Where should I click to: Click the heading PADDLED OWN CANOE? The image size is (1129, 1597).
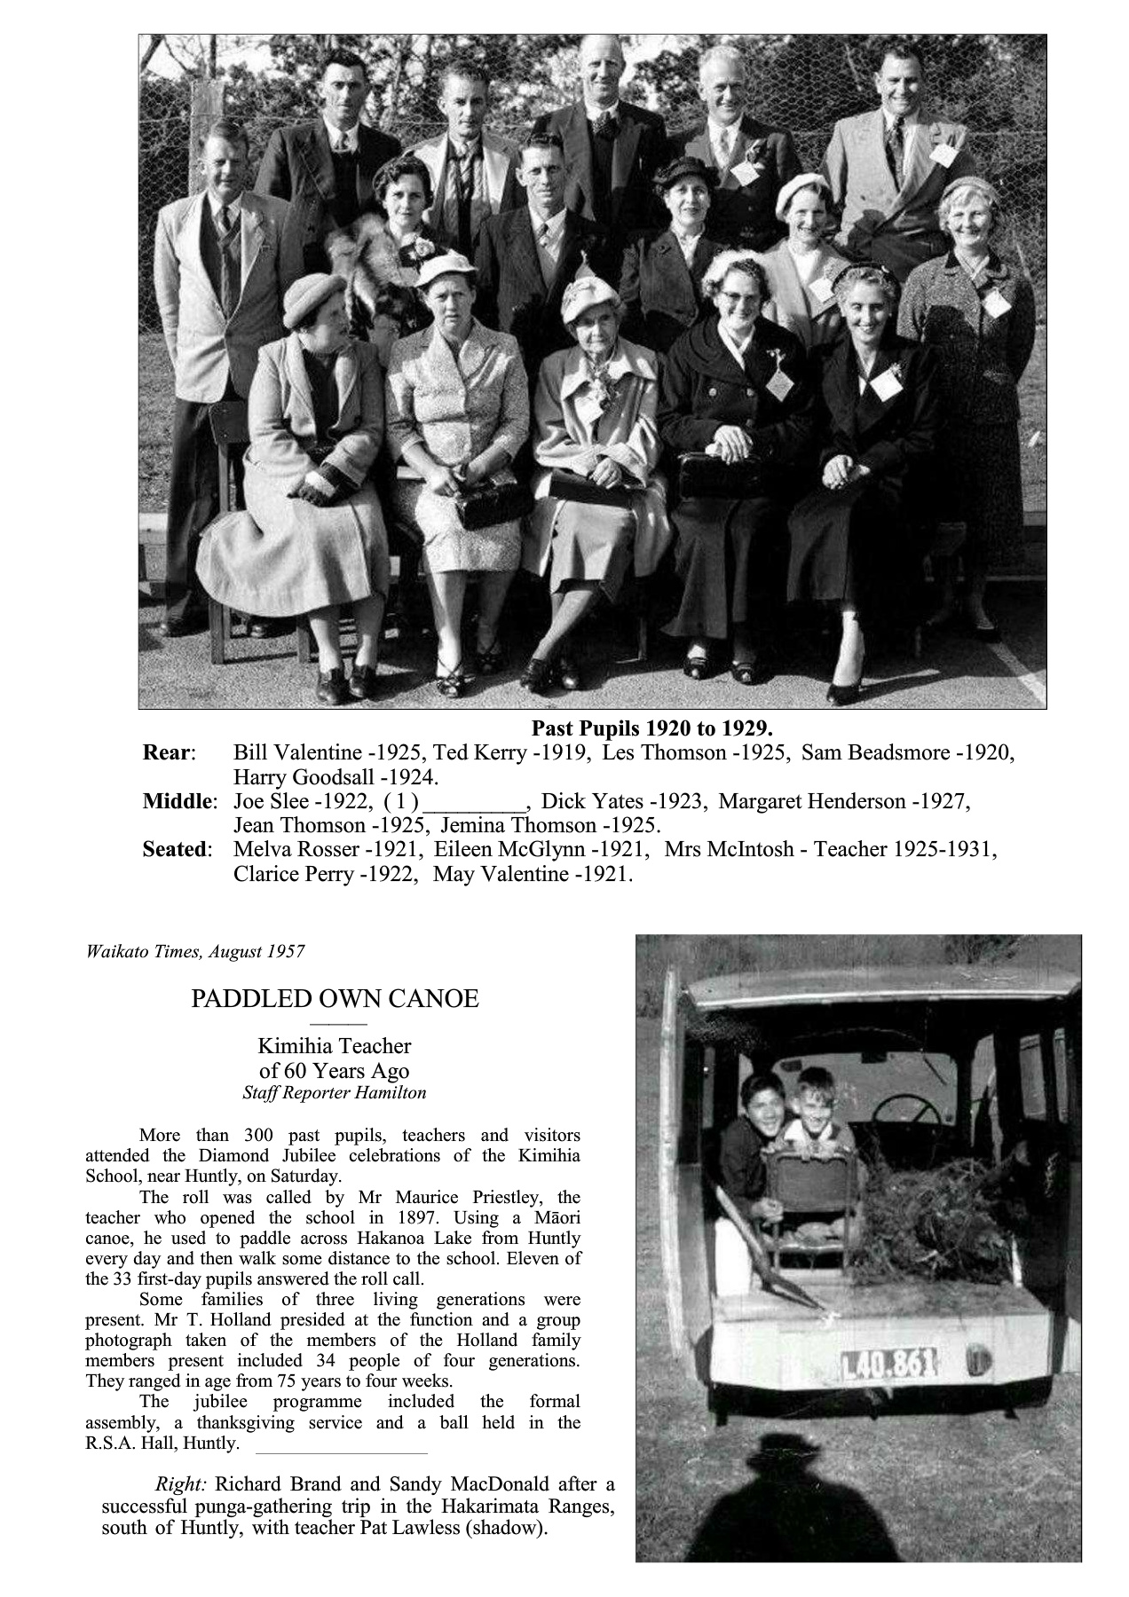[335, 999]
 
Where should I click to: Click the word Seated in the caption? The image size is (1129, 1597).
[177, 849]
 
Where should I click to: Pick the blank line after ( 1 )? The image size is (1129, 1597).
[478, 802]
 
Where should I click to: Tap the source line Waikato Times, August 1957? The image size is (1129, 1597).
[195, 952]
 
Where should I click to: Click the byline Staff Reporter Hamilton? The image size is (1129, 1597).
[335, 1093]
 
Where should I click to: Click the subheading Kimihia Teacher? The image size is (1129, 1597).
[335, 1046]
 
